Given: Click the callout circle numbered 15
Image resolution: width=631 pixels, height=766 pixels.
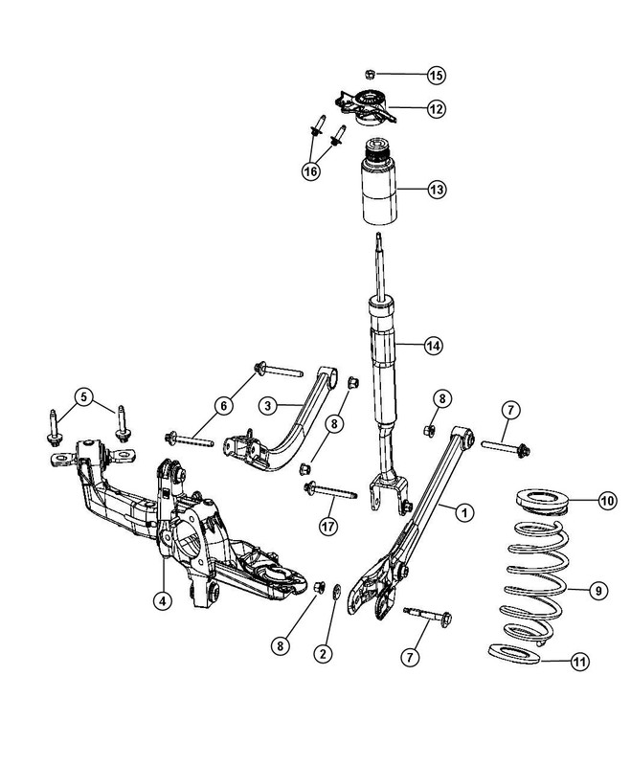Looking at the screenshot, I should (437, 74).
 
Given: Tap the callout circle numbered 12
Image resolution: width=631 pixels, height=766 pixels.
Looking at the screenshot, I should (437, 108).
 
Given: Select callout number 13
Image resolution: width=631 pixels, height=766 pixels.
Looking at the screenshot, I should (437, 191).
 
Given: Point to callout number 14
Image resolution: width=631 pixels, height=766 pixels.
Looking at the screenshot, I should (437, 346).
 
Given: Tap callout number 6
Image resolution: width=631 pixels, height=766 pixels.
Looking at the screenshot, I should (223, 406).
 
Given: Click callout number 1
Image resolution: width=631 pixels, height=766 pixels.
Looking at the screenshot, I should (463, 513).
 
